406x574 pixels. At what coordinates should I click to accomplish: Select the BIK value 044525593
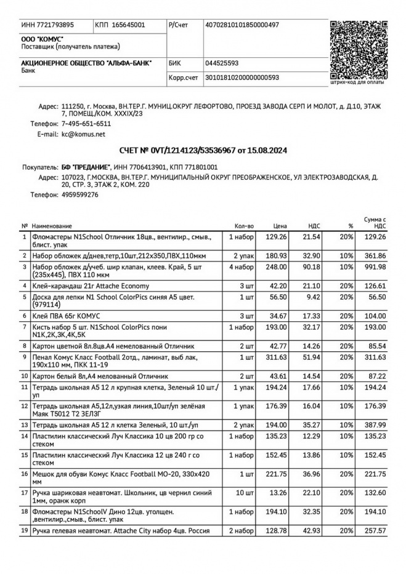click(x=222, y=63)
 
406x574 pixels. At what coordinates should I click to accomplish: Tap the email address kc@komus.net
click(x=83, y=134)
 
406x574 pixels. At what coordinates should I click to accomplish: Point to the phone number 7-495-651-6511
click(x=86, y=124)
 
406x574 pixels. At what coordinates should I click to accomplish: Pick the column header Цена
click(x=280, y=226)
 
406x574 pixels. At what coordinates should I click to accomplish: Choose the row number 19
click(x=25, y=530)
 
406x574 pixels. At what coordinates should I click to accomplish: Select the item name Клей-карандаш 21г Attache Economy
click(x=91, y=285)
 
